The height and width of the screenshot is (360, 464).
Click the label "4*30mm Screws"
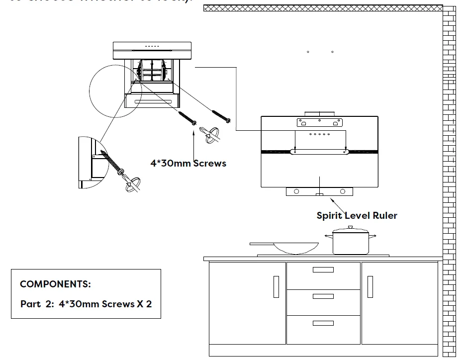188,163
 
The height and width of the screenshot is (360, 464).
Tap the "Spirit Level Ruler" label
357,215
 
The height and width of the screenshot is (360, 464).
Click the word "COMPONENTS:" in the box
55,284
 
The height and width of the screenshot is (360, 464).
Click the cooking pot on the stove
350,242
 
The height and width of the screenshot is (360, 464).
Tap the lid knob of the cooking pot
350,227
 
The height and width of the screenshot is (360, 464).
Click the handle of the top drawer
323,270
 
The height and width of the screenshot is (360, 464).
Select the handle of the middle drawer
323,296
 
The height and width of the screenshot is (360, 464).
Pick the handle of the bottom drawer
323,323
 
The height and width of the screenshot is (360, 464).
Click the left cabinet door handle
277,287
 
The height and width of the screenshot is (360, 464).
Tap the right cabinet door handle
370,287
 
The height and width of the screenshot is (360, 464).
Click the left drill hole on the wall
308,52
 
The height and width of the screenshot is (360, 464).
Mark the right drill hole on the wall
332,52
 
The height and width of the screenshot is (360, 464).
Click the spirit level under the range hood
320,191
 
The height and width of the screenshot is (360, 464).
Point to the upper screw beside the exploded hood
221,114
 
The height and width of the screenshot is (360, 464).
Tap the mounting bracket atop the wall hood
319,121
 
